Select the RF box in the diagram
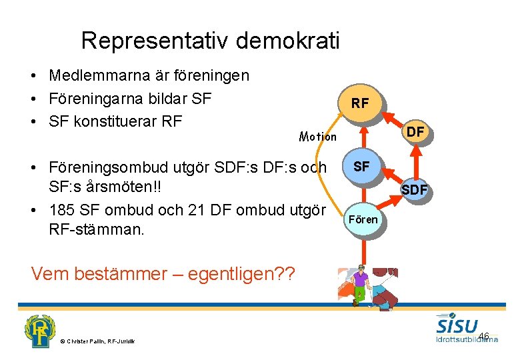pos(359,103)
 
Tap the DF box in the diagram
pos(415,132)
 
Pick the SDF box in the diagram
pos(413,191)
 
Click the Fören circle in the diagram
pos(363,219)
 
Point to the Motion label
pos(318,137)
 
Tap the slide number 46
pos(483,335)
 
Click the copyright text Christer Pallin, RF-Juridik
pos(97,341)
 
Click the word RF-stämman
pos(97,230)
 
